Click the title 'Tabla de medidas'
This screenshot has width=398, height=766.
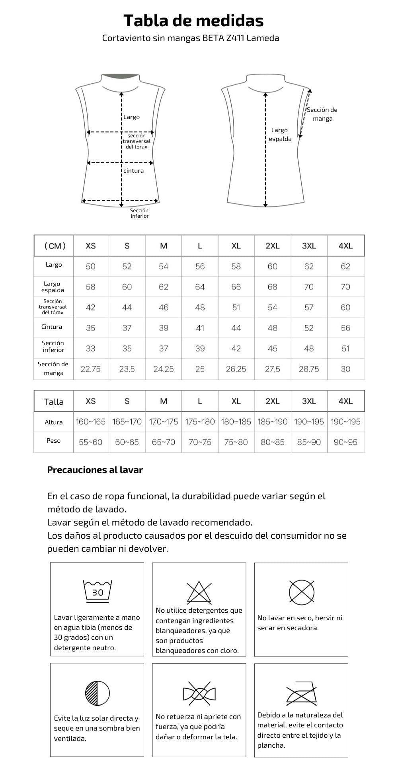tap(193, 20)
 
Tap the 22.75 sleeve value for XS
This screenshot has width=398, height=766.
tap(91, 369)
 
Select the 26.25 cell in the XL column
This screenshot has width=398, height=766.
tap(236, 369)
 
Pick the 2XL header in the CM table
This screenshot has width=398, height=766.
tap(273, 246)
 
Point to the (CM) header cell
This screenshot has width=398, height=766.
tap(54, 246)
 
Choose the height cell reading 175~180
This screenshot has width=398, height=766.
tap(200, 422)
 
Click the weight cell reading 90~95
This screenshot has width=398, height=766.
tap(345, 442)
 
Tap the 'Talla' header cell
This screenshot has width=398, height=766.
tap(54, 402)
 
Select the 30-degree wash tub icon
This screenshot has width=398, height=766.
tap(98, 591)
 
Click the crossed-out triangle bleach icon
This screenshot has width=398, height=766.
tap(199, 592)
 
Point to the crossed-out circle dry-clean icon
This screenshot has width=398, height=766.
tap(301, 591)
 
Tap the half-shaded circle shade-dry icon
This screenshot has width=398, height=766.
tap(98, 693)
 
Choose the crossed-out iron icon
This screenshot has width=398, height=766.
tap(301, 694)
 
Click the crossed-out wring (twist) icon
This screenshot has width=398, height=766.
tap(199, 693)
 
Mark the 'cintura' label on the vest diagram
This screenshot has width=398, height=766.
tap(134, 171)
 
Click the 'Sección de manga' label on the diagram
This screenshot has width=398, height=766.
tap(322, 114)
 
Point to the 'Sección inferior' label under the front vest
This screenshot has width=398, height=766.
tap(139, 213)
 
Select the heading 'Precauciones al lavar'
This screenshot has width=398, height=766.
tap(95, 470)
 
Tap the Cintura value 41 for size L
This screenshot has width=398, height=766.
tap(200, 328)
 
